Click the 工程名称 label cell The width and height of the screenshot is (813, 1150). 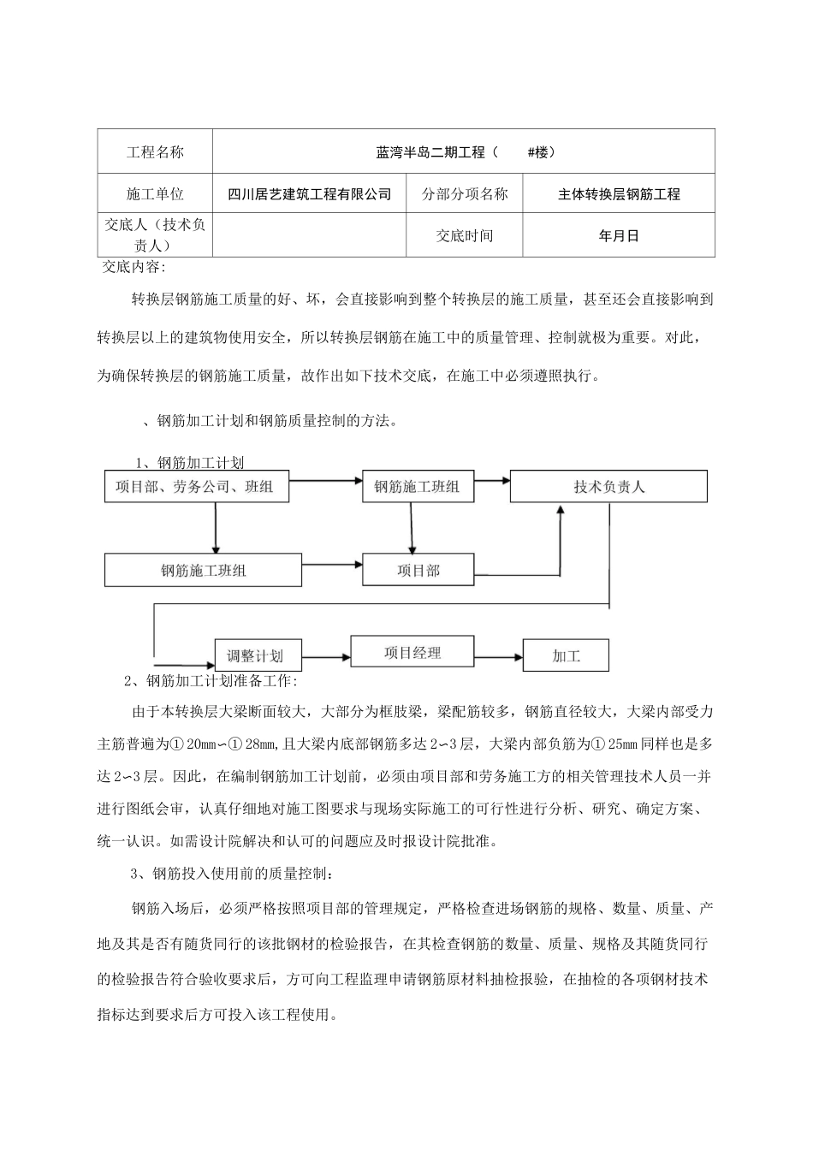(155, 152)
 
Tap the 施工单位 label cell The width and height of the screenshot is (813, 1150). (155, 194)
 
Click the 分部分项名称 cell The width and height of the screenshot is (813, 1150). (465, 194)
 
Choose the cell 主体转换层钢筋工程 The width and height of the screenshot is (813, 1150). (619, 194)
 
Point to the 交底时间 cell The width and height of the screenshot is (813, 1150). (465, 236)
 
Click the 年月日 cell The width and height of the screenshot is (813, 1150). (619, 236)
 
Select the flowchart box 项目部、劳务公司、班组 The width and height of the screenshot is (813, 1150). (196, 486)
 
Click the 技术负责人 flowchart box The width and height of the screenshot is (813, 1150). (608, 486)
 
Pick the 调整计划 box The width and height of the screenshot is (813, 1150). (254, 655)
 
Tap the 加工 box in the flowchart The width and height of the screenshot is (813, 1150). (566, 655)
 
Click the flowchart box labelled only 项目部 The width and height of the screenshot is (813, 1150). (418, 569)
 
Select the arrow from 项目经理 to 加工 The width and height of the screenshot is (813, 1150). (497, 656)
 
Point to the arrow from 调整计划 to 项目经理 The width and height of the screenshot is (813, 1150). (323, 656)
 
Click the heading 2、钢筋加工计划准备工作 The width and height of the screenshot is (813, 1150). (211, 681)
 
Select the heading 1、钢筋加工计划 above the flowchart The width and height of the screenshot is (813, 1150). (190, 463)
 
